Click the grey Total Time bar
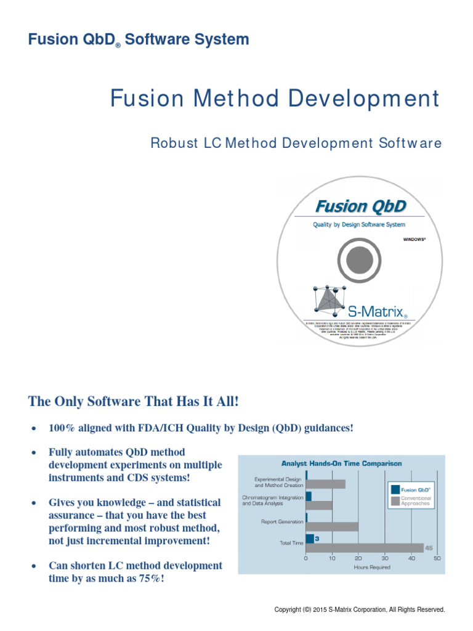point(364,547)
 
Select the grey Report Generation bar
point(332,526)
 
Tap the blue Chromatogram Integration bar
point(309,496)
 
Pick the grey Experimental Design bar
point(325,484)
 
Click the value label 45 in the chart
point(429,547)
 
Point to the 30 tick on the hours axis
point(384,559)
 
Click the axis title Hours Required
point(371,567)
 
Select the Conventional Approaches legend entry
point(416,501)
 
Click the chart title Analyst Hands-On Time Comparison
point(341,463)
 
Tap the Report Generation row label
point(282,522)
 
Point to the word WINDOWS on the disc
point(414,238)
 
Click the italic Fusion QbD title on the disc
point(360,206)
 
